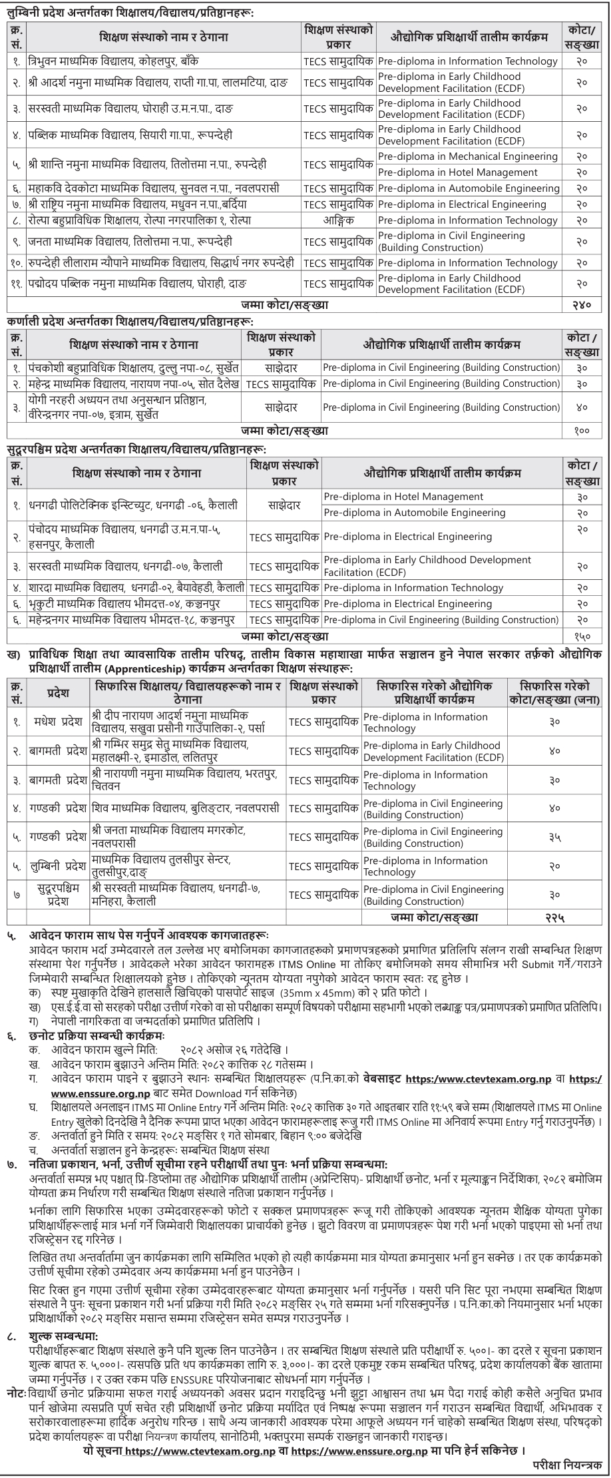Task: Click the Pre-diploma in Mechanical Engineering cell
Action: (x=467, y=156)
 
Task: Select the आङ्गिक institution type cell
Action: (x=337, y=220)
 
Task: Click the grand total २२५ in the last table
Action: (x=552, y=917)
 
